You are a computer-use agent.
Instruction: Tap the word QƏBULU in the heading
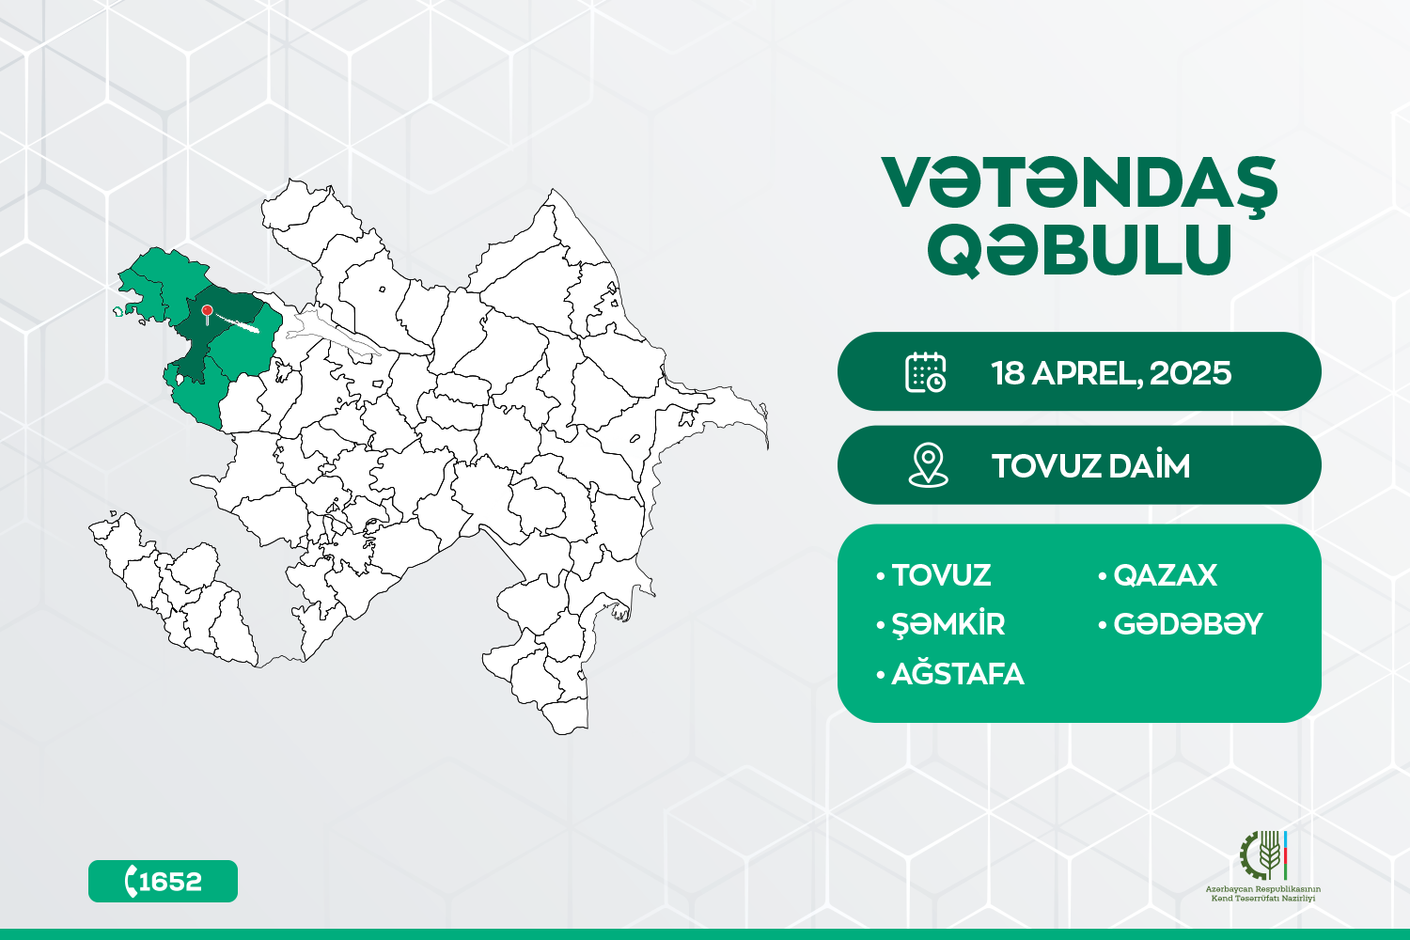[1079, 249]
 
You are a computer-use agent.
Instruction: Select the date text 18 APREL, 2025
[1111, 373]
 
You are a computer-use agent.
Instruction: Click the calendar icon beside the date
[925, 372]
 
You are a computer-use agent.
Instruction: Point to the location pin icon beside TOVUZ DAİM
[929, 465]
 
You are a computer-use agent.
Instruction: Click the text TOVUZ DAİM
[1090, 466]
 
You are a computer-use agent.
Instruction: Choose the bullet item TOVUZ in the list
[941, 575]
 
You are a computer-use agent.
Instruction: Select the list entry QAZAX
[1166, 575]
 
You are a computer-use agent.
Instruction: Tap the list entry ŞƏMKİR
[948, 623]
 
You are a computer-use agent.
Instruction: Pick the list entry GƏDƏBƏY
[1188, 624]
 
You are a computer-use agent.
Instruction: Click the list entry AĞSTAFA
[958, 673]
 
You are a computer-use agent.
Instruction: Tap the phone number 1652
[170, 882]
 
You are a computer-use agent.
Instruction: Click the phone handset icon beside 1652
[131, 881]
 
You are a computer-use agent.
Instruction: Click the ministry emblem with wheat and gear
[1263, 855]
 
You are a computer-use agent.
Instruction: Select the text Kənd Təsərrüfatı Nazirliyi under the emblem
[1263, 899]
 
